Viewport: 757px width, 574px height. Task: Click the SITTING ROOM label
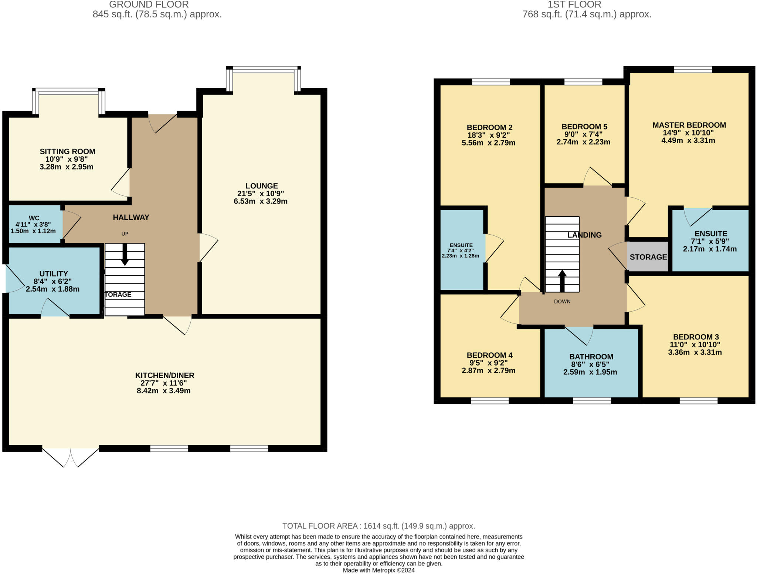click(67, 151)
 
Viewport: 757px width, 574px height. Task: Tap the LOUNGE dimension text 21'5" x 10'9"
click(260, 194)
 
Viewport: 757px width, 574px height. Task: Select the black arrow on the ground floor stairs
click(125, 255)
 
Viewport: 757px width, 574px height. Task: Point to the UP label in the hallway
click(125, 234)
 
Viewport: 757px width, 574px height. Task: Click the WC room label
click(34, 218)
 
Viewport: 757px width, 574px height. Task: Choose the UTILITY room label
click(54, 274)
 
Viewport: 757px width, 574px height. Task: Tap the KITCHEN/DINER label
click(164, 375)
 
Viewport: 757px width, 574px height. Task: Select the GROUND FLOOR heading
click(149, 4)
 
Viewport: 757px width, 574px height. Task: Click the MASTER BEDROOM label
click(689, 125)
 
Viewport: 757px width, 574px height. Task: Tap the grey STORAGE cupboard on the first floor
click(648, 257)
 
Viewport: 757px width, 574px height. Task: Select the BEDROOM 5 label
click(584, 127)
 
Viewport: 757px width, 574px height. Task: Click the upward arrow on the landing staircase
click(562, 281)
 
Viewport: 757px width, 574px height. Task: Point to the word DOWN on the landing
click(562, 302)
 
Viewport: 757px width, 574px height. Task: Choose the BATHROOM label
click(591, 357)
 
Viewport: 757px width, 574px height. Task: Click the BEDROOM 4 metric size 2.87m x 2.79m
click(488, 370)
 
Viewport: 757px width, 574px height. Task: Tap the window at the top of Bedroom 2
click(491, 82)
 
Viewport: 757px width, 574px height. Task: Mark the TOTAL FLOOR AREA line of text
click(378, 526)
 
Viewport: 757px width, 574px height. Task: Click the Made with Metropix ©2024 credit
click(378, 570)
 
